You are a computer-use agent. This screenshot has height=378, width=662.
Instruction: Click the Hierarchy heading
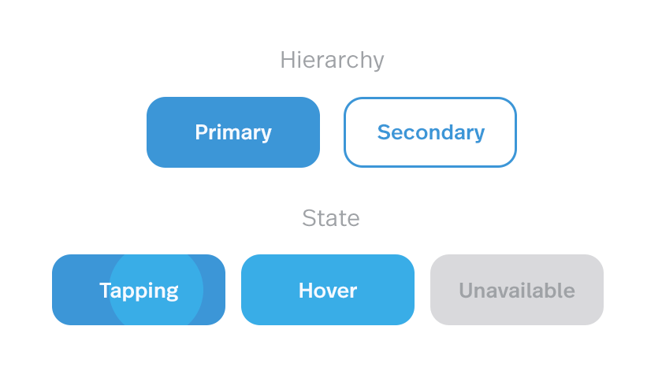[332, 61]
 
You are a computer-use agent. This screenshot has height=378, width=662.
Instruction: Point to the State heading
[331, 218]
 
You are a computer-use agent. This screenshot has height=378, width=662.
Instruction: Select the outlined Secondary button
[430, 132]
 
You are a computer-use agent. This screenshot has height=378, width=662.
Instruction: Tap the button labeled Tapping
[139, 290]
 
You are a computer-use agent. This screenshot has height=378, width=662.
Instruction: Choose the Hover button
[328, 290]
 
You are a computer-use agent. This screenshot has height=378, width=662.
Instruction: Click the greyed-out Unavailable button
[517, 290]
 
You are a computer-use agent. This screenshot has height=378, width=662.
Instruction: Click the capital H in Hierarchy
[288, 60]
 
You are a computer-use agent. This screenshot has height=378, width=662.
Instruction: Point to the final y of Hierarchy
[377, 63]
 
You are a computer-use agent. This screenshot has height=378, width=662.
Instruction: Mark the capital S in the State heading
[309, 218]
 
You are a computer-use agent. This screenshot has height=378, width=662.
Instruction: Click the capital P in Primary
[202, 132]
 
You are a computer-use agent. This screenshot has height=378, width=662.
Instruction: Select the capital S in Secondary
[385, 132]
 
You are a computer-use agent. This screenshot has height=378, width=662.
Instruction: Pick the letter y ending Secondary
[479, 135]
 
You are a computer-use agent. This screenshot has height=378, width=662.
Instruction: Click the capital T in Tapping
[106, 291]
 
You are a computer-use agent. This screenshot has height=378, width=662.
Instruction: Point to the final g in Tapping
[173, 294]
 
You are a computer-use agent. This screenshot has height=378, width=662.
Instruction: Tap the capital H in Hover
[306, 291]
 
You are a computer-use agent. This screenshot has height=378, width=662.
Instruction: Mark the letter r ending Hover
[353, 292]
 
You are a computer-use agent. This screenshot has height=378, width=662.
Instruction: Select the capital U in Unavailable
[466, 291]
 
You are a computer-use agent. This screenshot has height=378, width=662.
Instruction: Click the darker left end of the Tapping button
[80, 290]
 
